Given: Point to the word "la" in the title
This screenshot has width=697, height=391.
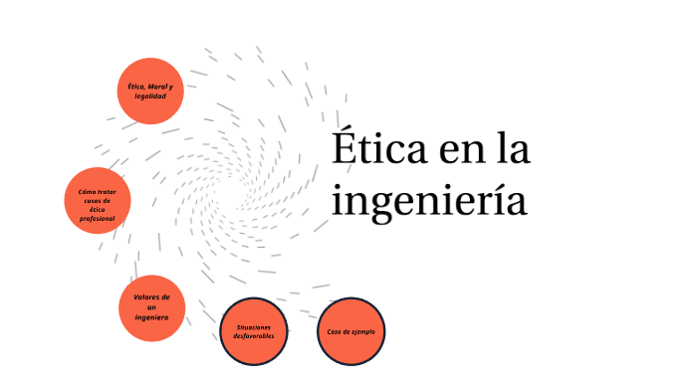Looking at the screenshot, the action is pyautogui.click(x=514, y=151).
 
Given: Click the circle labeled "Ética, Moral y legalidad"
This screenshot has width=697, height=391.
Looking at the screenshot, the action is pyautogui.click(x=149, y=92).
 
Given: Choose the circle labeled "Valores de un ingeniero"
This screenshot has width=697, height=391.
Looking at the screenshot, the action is pyautogui.click(x=152, y=306).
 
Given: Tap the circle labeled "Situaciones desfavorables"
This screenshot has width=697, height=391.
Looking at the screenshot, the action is pyautogui.click(x=254, y=331).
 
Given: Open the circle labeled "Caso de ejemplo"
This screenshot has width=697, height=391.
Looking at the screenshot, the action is pyautogui.click(x=351, y=331).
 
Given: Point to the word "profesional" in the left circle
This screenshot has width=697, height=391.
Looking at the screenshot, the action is pyautogui.click(x=98, y=218).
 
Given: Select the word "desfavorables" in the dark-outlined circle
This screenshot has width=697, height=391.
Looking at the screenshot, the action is pyautogui.click(x=254, y=336).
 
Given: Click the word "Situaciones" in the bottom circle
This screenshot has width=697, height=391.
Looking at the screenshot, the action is pyautogui.click(x=254, y=326).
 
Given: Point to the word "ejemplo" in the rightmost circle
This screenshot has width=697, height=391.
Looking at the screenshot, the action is pyautogui.click(x=361, y=331).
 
